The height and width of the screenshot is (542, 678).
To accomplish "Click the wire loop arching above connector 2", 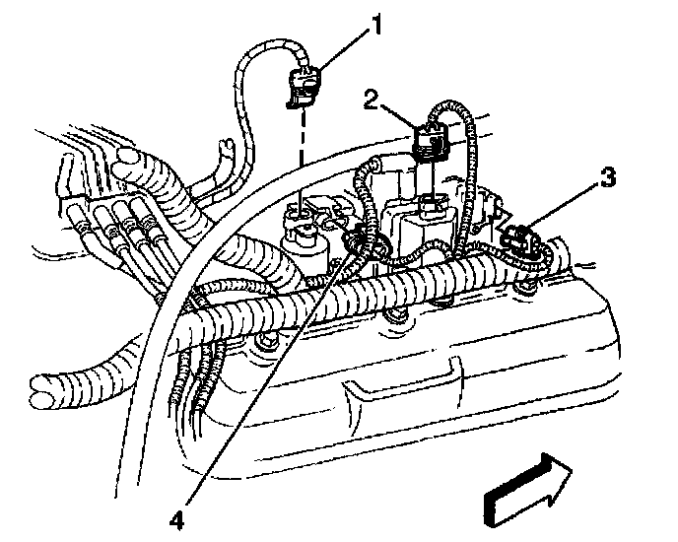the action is (459, 108).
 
